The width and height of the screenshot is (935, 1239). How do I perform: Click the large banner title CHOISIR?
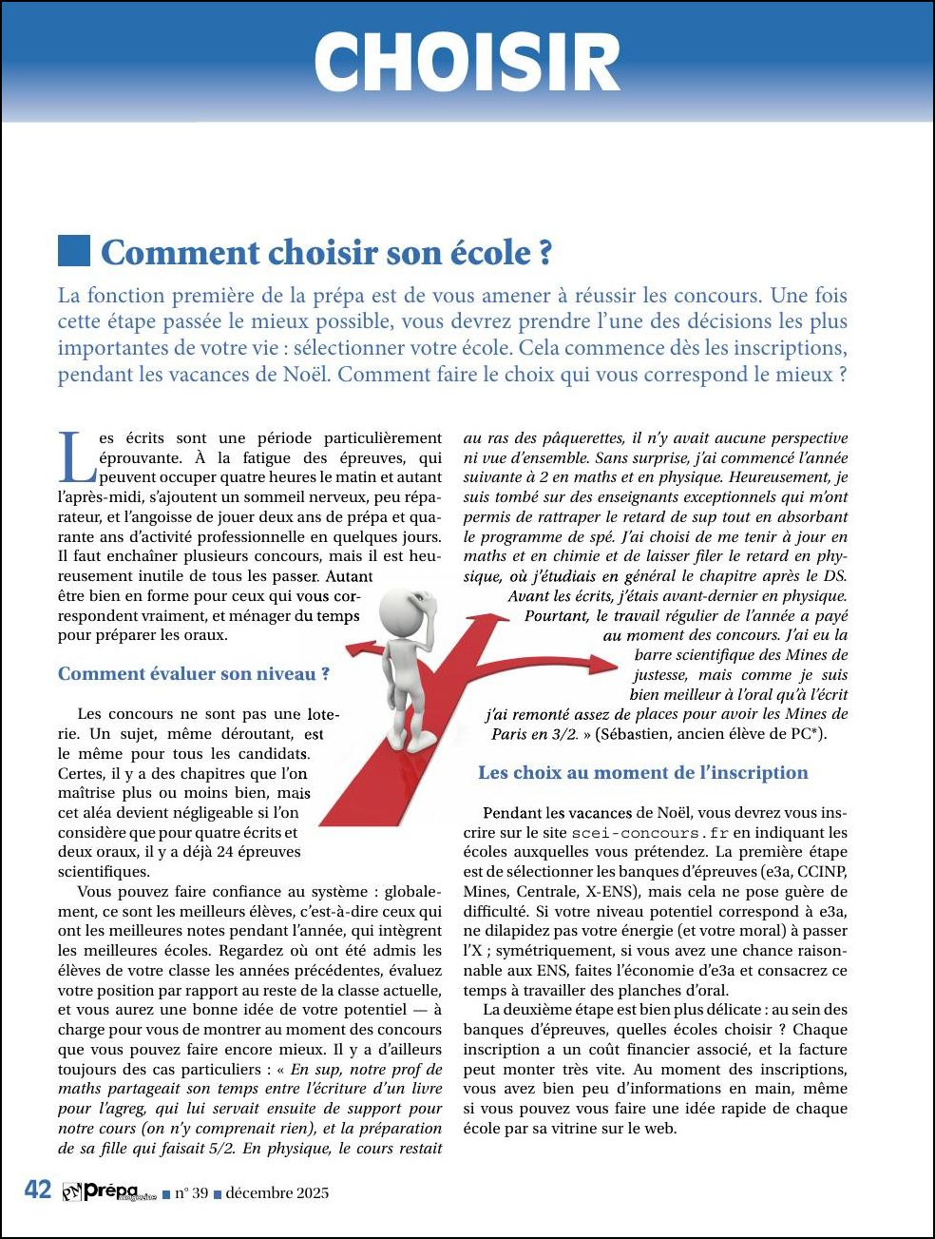[x=467, y=62]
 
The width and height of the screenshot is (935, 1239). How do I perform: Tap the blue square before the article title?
[x=74, y=251]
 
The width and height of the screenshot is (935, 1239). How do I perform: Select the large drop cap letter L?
[x=76, y=457]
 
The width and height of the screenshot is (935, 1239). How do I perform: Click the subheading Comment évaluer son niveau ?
[x=194, y=674]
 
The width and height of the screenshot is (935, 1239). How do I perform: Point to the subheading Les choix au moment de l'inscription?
[x=642, y=773]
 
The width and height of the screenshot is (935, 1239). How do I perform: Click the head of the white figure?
[x=407, y=609]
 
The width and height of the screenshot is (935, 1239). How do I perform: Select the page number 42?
[x=38, y=1191]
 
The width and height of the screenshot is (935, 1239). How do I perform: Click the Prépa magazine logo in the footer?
[x=108, y=1191]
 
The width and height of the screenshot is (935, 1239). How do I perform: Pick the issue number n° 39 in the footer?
[x=191, y=1193]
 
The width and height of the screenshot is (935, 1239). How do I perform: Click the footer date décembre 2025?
[x=277, y=1193]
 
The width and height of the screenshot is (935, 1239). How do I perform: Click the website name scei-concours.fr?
[x=649, y=833]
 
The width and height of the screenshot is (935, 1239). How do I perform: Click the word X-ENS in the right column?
[x=610, y=892]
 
